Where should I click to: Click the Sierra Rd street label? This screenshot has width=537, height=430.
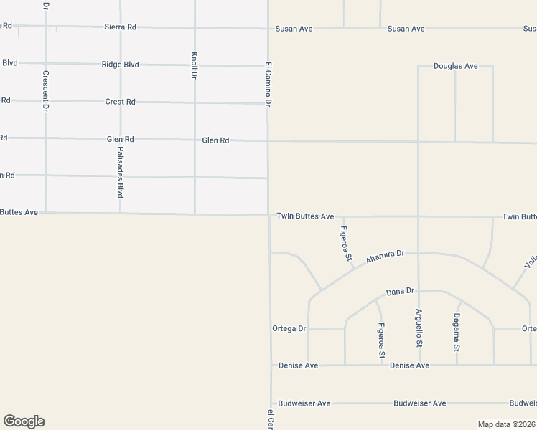click(120, 27)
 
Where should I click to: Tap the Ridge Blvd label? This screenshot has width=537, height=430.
click(120, 64)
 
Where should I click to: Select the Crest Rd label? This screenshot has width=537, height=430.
click(120, 102)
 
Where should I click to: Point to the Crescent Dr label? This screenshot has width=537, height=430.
click(45, 90)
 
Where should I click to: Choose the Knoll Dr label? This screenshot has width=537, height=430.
click(194, 66)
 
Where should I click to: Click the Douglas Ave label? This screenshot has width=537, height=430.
click(455, 66)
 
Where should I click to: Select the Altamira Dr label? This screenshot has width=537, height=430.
click(386, 257)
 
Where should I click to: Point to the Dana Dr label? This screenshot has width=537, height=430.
click(400, 291)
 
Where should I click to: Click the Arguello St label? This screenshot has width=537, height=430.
click(419, 328)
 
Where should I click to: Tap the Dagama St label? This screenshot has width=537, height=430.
click(456, 333)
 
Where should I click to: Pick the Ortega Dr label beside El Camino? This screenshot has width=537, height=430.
click(289, 328)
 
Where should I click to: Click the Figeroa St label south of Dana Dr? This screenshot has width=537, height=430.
click(381, 340)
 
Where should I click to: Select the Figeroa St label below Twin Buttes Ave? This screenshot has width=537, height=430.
click(346, 244)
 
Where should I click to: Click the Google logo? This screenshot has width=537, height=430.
click(24, 421)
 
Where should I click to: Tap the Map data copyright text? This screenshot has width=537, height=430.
click(505, 424)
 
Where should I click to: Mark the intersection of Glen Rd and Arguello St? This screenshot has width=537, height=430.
click(419, 142)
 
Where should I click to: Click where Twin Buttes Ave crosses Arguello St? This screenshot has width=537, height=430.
click(419, 216)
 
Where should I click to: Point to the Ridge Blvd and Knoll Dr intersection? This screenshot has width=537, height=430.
click(194, 65)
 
